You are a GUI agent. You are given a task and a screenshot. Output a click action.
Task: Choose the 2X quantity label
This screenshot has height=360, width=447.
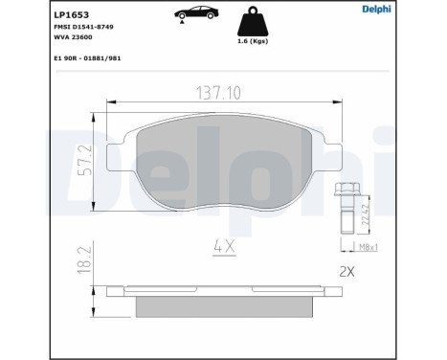346,272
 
